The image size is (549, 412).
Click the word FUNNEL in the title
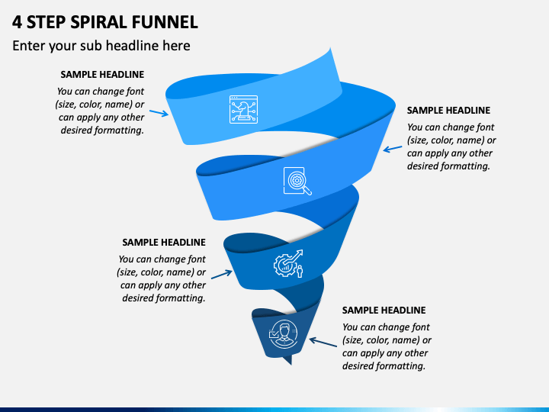pos(165,22)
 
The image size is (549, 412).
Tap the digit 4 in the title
pos(17,22)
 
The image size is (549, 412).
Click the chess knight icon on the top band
pos(243,109)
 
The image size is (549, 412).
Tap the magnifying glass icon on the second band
pos(297,181)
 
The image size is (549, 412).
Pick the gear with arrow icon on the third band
pos(288,264)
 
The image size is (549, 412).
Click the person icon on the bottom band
pos(284,334)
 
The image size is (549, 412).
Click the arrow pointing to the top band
pos(159,113)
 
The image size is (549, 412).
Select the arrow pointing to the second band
pos(393,150)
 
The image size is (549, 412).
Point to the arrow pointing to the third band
pos(222,275)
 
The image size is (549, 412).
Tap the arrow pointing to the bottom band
pos(323,343)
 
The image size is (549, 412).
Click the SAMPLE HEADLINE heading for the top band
pos(102,75)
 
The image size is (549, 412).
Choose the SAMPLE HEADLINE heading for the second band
pos(448,111)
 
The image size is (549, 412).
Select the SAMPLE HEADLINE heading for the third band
pos(164,243)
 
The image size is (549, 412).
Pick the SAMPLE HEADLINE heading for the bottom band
pos(384,311)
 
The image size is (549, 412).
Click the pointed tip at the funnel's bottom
pos(291,365)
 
